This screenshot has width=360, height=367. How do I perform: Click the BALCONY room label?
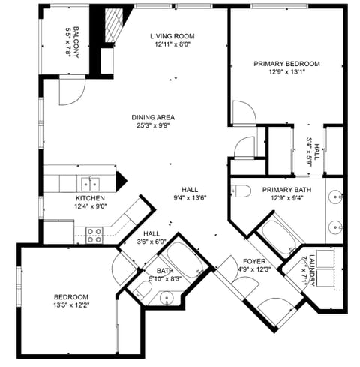click(73, 38)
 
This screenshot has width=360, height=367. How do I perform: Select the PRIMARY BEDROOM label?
click(286, 64)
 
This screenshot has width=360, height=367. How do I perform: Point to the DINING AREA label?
click(153, 117)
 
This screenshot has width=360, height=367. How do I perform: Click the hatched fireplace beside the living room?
click(112, 27)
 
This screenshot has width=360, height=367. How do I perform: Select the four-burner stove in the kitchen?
click(94, 234)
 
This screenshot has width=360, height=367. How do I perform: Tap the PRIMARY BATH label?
click(286, 190)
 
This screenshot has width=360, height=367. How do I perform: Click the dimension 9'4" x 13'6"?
click(188, 198)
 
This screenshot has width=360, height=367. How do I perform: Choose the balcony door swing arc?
click(69, 92)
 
